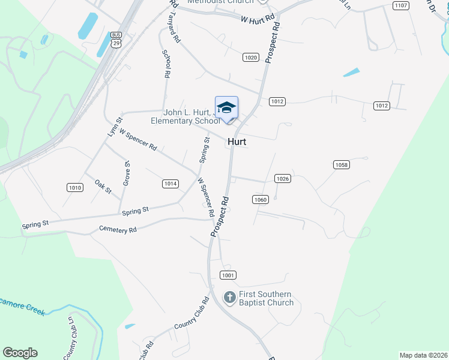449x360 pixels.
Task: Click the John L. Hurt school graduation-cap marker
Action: (226, 109)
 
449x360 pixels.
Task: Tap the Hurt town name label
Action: (237, 142)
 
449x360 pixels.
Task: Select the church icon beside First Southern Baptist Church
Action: (229, 297)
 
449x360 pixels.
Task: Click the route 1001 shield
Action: (228, 275)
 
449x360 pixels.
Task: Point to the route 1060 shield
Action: (260, 199)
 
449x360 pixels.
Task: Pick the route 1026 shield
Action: (283, 179)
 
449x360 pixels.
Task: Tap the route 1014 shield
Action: (170, 184)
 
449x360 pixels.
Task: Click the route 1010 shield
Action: (74, 188)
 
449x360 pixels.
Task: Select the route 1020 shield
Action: (251, 58)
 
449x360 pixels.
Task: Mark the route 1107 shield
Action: (401, 5)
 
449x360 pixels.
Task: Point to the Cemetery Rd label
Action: (118, 229)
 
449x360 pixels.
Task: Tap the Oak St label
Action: (103, 187)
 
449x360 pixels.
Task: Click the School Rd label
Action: (166, 64)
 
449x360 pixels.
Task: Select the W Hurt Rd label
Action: (258, 19)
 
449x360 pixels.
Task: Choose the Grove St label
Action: (127, 173)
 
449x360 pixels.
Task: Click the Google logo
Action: (20, 353)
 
